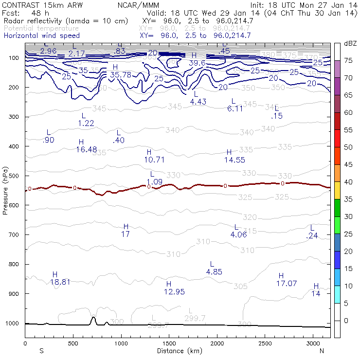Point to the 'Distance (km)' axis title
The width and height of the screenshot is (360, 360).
tap(177, 351)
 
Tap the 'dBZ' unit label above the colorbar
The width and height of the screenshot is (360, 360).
tap(350, 44)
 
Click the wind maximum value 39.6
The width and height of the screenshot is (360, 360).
tap(197, 63)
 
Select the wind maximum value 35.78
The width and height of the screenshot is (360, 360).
tap(121, 74)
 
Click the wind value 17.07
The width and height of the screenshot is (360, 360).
tap(287, 283)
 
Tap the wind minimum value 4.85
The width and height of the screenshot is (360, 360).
tap(214, 271)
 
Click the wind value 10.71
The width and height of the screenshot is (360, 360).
tap(155, 159)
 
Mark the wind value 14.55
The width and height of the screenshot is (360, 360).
tap(234, 159)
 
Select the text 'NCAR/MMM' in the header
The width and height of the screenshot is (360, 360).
tap(138, 5)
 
